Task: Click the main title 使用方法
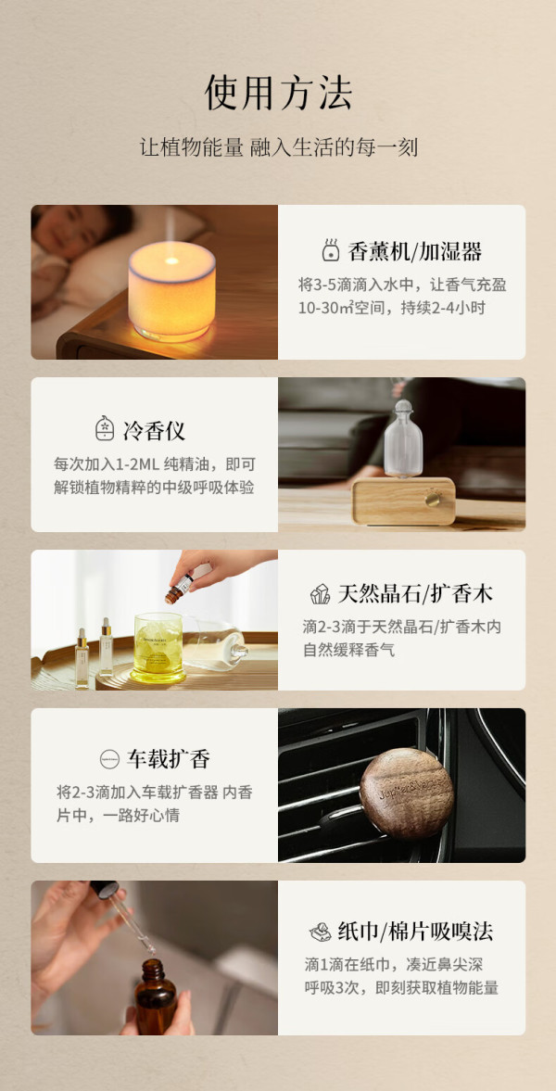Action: click(x=278, y=93)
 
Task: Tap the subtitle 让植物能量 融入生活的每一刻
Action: click(x=278, y=148)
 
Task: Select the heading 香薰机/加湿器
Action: click(x=415, y=251)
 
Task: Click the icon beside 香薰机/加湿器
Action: click(x=331, y=250)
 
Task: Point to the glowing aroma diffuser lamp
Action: click(x=171, y=291)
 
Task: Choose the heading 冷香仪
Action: click(x=154, y=430)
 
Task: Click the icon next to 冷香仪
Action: click(x=105, y=428)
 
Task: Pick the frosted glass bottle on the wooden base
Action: click(x=404, y=438)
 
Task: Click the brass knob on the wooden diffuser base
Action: click(x=434, y=499)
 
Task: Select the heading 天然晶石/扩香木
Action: click(x=415, y=593)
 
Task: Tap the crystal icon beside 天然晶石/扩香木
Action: click(x=320, y=594)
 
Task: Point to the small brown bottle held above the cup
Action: click(x=180, y=588)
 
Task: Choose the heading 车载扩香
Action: click(x=169, y=758)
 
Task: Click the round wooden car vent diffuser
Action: click(x=407, y=793)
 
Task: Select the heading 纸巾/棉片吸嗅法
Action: click(x=415, y=932)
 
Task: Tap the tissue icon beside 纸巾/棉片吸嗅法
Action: click(x=320, y=932)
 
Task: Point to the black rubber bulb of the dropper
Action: click(x=105, y=890)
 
